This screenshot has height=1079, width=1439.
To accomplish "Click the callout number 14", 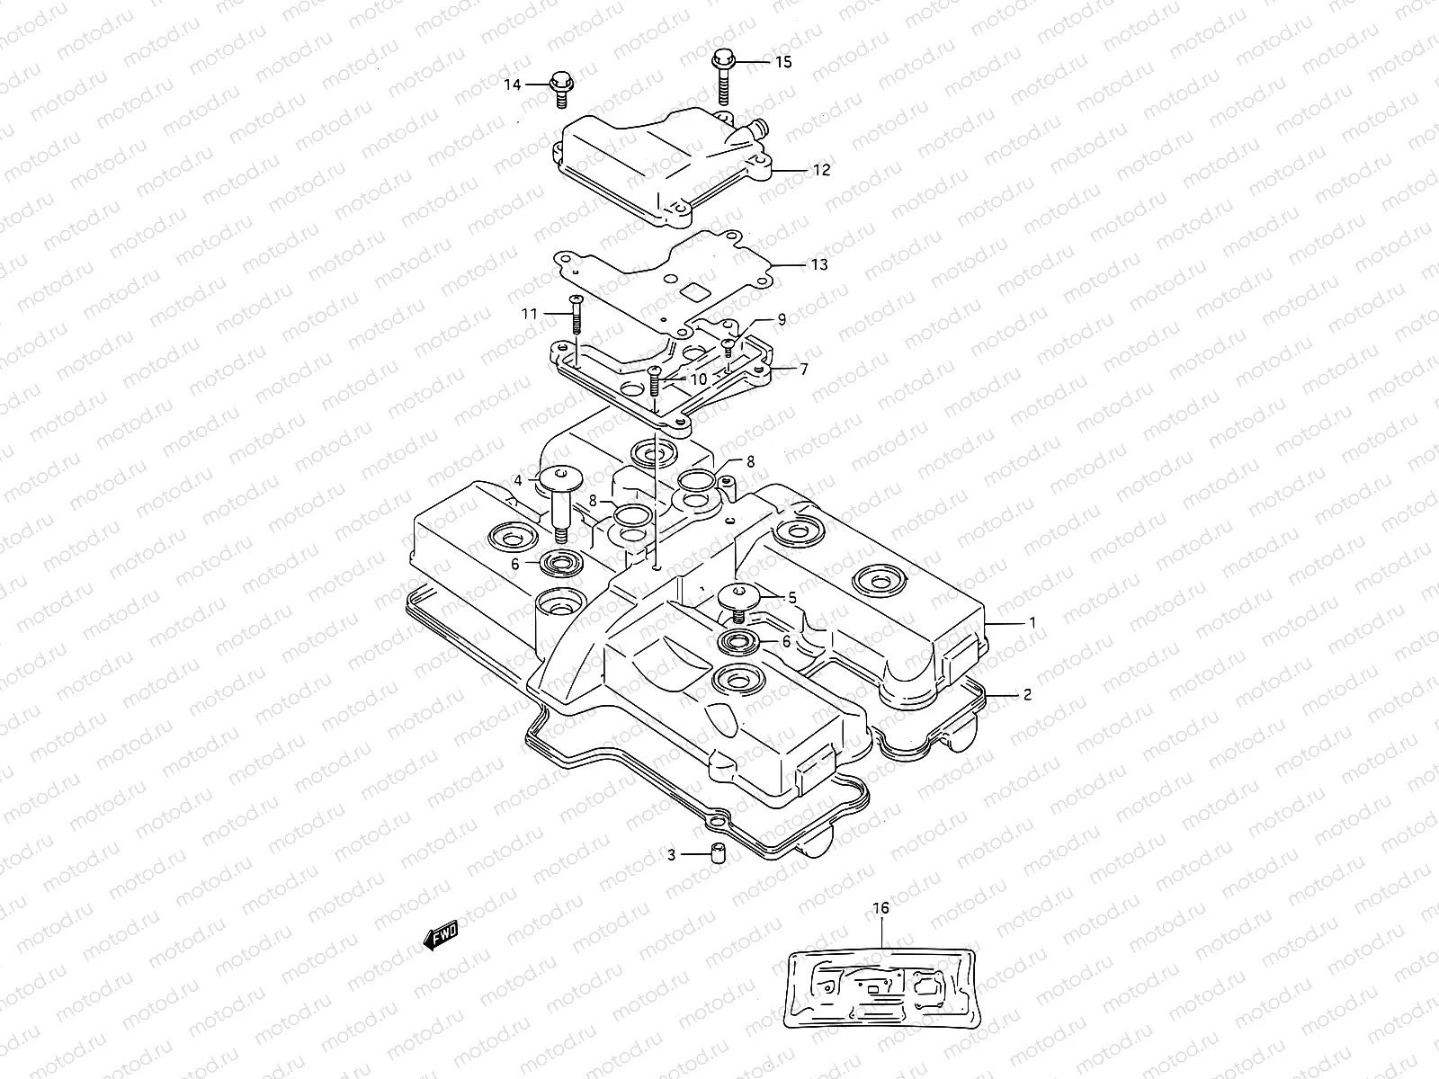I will click(512, 85).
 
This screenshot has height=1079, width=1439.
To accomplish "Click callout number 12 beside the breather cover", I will click(822, 169).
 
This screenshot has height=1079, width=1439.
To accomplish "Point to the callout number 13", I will click(818, 264).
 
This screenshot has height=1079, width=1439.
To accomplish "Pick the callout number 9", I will click(782, 318).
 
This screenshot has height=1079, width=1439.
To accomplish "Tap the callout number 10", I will click(699, 379).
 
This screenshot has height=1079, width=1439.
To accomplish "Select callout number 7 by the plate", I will click(803, 369).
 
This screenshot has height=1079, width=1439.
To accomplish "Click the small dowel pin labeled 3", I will click(719, 854).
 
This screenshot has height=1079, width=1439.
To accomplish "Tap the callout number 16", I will click(880, 908).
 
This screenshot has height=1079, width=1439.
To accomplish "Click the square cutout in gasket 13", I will click(694, 291).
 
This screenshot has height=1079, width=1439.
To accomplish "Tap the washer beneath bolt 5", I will click(739, 642).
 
